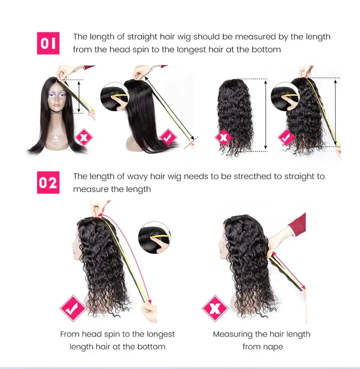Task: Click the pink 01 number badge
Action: pos(48,43)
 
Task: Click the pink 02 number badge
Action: pos(48,183)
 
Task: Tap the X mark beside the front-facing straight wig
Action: pos(84,138)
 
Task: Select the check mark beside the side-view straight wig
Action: pos(168,138)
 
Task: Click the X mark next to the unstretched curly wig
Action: pos(223,138)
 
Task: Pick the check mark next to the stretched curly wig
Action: pos(287,138)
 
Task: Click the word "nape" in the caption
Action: pos(273,346)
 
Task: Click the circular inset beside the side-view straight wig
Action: pos(115,96)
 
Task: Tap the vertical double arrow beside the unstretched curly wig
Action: pos(266,115)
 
